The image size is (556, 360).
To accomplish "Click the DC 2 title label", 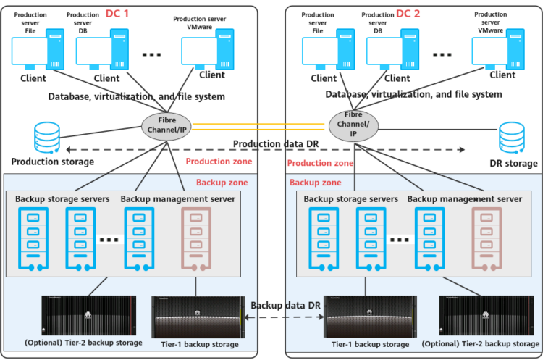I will coord(408,13).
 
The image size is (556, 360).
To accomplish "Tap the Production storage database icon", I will coord(47,138).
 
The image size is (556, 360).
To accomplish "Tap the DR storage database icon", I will coord(511,138).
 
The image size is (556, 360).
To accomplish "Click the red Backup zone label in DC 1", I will coord(219,183).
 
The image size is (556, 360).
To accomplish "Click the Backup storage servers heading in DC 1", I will coord(62,199).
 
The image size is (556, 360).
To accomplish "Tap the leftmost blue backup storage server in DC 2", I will coord(323,239).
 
